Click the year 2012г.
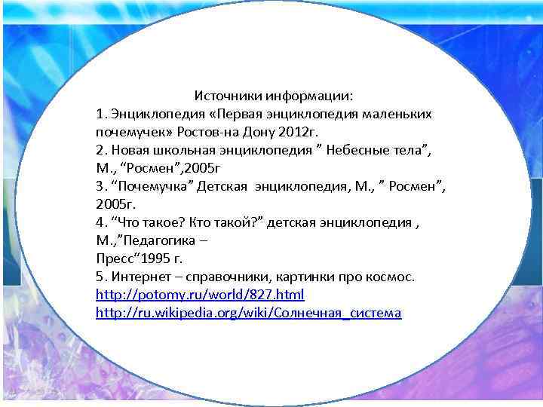[x=297, y=132]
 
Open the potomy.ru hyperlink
[x=200, y=294]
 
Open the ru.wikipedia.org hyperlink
[x=249, y=312]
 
